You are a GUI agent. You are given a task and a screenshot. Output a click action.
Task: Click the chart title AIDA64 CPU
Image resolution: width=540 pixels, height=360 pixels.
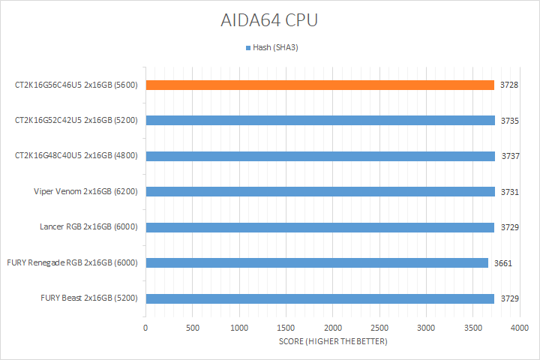[270, 20]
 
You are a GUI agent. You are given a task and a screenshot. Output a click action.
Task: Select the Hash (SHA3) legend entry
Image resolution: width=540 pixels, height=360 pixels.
[273, 48]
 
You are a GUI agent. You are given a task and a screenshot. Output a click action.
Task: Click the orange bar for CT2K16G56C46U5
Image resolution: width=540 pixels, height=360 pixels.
[320, 85]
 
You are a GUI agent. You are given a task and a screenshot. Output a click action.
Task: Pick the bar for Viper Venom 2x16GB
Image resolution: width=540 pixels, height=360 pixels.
[320, 191]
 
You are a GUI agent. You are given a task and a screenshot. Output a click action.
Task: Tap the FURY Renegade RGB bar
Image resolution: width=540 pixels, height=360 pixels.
[317, 262]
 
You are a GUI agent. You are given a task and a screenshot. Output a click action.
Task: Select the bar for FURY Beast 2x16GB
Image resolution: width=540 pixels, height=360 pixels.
[320, 298]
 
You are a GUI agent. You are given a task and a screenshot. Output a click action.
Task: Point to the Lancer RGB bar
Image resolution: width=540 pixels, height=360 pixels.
[320, 227]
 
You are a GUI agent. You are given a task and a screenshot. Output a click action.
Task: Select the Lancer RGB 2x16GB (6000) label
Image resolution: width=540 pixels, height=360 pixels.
[88, 227]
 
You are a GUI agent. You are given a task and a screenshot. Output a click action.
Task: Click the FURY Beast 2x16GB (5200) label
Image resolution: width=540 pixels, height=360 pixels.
[89, 298]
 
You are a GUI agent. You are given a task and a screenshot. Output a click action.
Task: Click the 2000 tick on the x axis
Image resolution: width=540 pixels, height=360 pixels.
[333, 328]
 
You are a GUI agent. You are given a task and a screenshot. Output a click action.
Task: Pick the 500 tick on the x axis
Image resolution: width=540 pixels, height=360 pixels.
[193, 328]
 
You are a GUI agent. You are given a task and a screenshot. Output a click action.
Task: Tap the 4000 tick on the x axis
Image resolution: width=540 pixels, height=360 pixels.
[520, 328]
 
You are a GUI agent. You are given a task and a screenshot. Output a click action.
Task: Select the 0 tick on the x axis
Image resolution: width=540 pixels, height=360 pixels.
[145, 328]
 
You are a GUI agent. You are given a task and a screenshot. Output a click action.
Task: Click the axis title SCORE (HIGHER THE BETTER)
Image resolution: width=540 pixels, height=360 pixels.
[332, 342]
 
